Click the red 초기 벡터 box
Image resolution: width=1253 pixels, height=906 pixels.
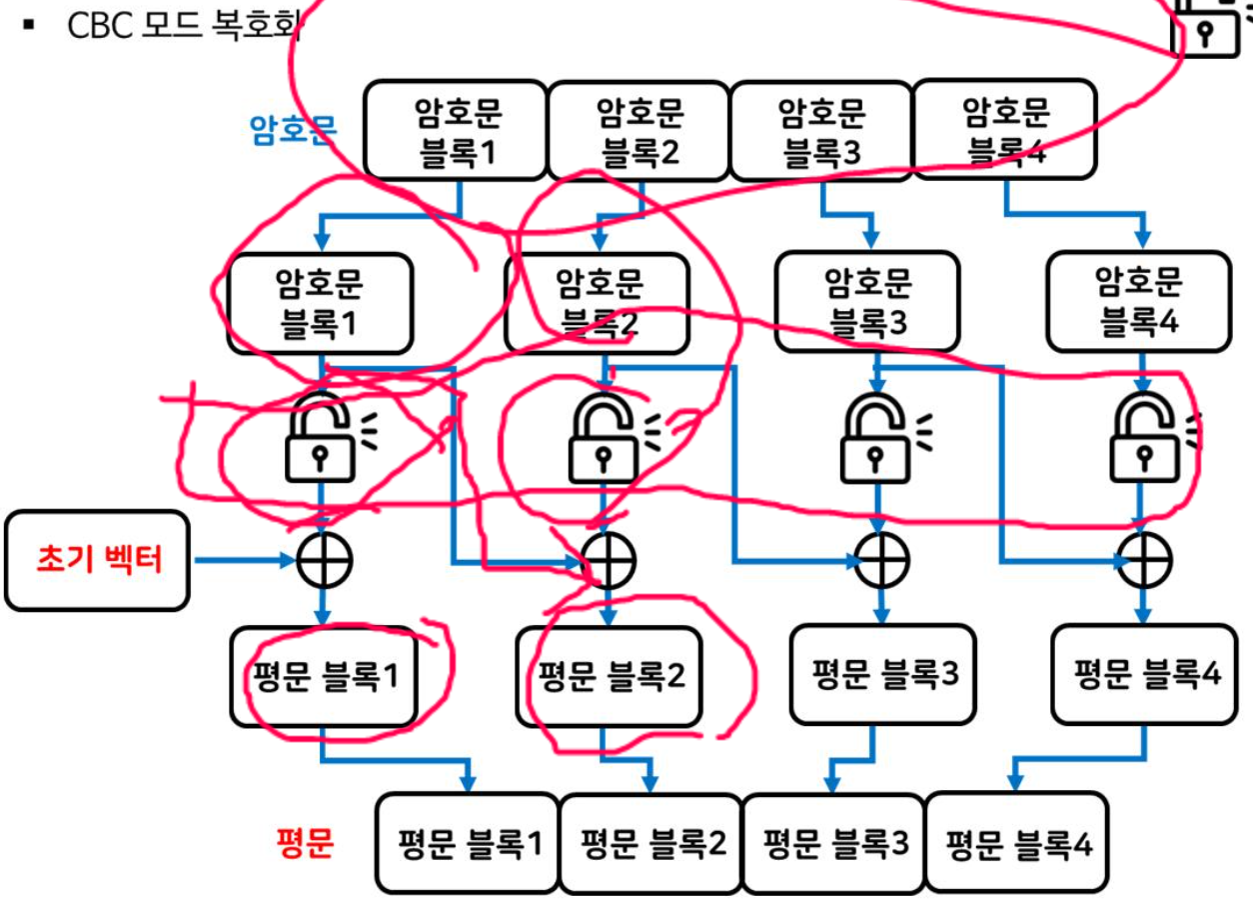point(97,560)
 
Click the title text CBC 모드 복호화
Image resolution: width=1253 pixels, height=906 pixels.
point(185,25)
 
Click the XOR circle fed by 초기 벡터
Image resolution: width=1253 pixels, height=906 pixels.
point(325,560)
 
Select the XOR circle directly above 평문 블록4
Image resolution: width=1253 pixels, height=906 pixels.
point(1143,560)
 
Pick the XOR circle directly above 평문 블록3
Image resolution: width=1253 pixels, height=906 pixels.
point(880,560)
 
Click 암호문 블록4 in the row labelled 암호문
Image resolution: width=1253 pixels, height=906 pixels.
point(1005,131)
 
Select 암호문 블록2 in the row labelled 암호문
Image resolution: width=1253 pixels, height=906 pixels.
point(639,131)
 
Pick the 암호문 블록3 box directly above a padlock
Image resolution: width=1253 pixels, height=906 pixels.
point(867,301)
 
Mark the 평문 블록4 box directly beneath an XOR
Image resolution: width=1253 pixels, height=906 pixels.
point(1146,675)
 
